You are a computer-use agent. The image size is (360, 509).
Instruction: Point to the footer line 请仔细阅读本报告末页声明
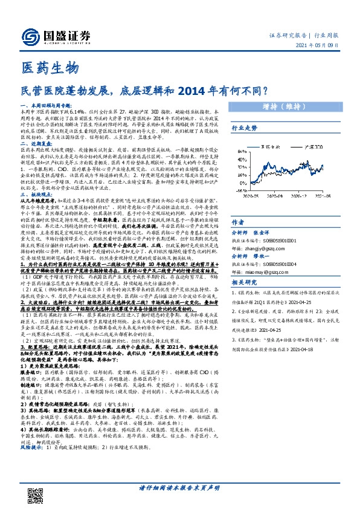[x=179, y=487]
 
